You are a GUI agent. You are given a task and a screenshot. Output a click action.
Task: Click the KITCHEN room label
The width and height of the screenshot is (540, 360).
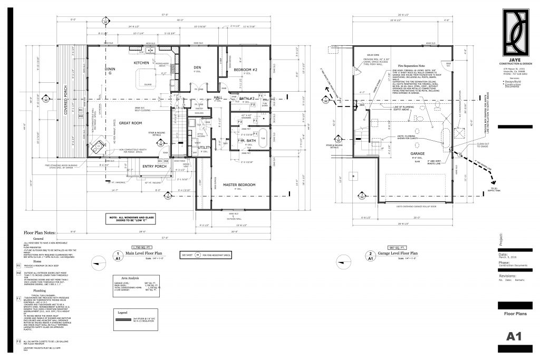[129, 63]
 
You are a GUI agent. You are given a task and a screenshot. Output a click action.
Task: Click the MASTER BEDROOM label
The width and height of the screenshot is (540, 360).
[240, 184]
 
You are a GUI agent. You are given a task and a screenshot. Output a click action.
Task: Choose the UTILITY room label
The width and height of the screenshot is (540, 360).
[204, 149]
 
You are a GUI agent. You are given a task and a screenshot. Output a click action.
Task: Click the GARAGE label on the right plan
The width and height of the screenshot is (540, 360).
[403, 154]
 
